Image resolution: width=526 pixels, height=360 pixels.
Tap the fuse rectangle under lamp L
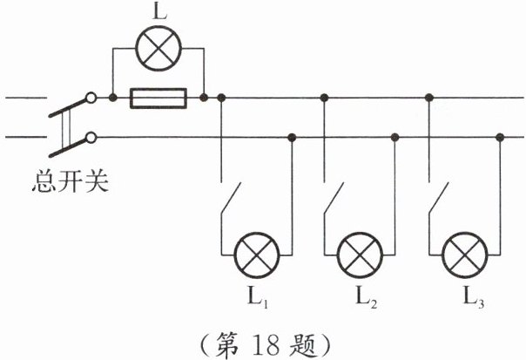[x=158, y=98]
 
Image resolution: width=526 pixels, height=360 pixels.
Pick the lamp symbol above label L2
[x=359, y=254]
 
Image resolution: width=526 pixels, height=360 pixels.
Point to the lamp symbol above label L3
[x=463, y=254]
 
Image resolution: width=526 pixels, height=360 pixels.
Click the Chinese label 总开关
[x=69, y=185]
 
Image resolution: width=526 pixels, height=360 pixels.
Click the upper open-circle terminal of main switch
[x=91, y=98]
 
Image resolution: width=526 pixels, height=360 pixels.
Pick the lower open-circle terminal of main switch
[x=91, y=137]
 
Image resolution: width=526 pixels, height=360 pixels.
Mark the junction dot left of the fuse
[x=113, y=98]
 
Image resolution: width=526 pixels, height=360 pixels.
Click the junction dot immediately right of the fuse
[x=203, y=98]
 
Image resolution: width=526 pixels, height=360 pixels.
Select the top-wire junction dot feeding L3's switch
[x=428, y=98]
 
